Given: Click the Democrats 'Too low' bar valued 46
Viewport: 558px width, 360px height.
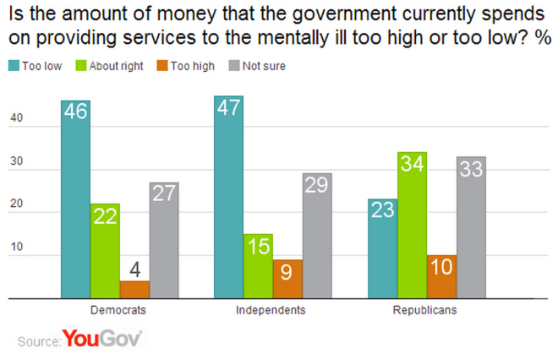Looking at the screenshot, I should [x=75, y=199].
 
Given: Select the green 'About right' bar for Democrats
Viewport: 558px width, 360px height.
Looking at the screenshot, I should [x=105, y=251].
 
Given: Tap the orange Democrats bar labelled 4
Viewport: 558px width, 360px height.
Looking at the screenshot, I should [x=134, y=289].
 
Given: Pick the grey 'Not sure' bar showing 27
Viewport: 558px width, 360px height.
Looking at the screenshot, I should [x=164, y=240].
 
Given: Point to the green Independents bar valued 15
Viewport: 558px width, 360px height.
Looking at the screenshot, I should [x=257, y=266].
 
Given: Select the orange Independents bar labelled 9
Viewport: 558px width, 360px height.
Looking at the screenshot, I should [x=287, y=279].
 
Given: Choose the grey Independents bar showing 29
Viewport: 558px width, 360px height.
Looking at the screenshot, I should [x=316, y=236].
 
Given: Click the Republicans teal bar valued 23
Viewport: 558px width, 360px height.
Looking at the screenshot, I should [x=382, y=248].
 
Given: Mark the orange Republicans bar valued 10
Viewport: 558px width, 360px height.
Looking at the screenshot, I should [x=441, y=276].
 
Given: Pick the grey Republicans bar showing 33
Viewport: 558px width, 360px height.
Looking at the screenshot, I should [x=471, y=227].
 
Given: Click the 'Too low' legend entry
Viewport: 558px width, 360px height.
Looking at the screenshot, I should [x=37, y=66].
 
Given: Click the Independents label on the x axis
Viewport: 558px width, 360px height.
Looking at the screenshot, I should [x=271, y=311].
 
